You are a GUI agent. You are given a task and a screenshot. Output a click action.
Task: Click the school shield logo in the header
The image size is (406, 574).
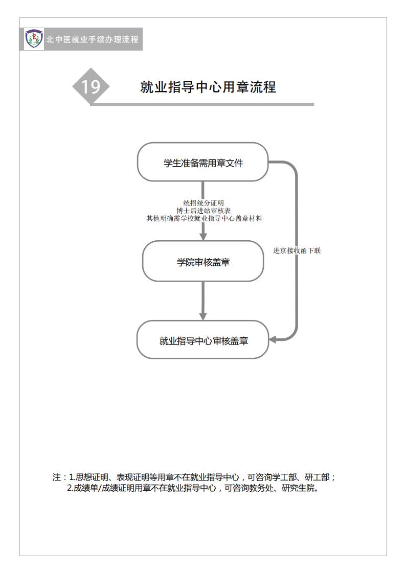click(34, 39)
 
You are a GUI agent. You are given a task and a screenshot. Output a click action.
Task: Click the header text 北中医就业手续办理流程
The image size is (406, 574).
click(92, 39)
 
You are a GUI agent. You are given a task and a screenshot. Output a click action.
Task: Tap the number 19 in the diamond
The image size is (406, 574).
click(91, 87)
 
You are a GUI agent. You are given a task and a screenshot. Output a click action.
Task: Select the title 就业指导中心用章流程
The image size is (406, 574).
click(208, 87)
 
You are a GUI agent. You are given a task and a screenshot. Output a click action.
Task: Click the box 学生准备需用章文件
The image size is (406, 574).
click(203, 162)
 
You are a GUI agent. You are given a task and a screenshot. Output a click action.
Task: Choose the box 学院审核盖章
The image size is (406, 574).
click(203, 261)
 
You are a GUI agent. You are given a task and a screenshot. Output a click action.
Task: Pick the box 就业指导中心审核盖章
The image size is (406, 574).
click(203, 340)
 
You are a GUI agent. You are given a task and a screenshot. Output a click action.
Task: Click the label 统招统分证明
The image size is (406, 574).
click(204, 203)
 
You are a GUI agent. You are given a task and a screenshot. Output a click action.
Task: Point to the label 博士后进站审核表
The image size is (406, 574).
click(204, 211)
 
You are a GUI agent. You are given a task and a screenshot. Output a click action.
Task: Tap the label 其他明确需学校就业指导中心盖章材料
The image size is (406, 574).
click(205, 219)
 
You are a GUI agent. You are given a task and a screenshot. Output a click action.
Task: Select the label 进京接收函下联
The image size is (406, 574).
click(297, 251)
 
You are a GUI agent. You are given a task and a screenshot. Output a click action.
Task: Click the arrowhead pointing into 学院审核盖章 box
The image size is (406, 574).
click(203, 237)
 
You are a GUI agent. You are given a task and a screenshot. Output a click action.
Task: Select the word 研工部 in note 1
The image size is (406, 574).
click(318, 477)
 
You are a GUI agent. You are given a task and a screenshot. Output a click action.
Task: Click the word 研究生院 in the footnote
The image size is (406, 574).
click(298, 488)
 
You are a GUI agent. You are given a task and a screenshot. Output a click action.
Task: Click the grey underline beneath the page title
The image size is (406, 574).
click(202, 105)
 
